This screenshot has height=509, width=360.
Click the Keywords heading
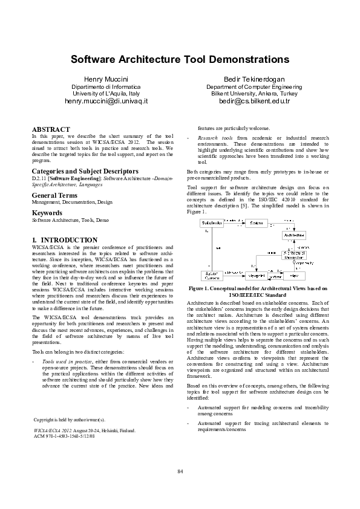[47, 213]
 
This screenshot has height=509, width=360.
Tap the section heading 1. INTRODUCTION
[65, 240]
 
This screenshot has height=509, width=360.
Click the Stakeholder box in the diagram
[212, 224]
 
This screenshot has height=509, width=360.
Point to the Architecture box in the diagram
[295, 236]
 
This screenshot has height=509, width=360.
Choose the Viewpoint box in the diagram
[257, 275]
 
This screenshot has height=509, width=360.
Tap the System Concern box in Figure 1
[212, 275]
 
